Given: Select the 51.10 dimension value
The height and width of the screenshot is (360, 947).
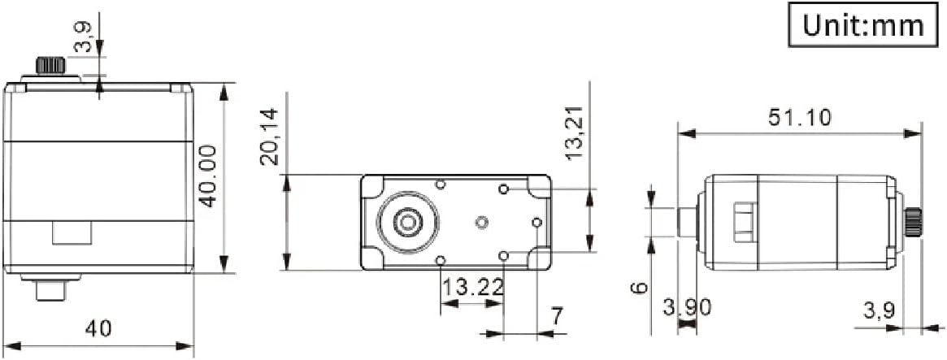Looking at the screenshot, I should pyautogui.click(x=800, y=117).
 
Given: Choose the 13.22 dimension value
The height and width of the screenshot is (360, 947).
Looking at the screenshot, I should pyautogui.click(x=471, y=287).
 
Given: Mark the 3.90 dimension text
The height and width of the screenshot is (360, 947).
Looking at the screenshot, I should pyautogui.click(x=688, y=307).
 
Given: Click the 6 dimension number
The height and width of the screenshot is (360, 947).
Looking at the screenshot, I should pyautogui.click(x=640, y=288).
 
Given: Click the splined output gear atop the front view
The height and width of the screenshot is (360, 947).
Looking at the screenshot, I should pyautogui.click(x=50, y=65).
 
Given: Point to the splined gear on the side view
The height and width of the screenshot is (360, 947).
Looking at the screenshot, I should pyautogui.click(x=914, y=221).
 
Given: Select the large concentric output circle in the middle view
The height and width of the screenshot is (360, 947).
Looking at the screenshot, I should pyautogui.click(x=407, y=220).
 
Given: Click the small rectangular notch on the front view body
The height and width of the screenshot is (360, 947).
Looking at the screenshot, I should pyautogui.click(x=71, y=232).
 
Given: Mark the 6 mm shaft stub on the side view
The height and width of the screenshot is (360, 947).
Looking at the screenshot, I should pyautogui.click(x=688, y=222).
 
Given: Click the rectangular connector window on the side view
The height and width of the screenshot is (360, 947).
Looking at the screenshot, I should pyautogui.click(x=743, y=221).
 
